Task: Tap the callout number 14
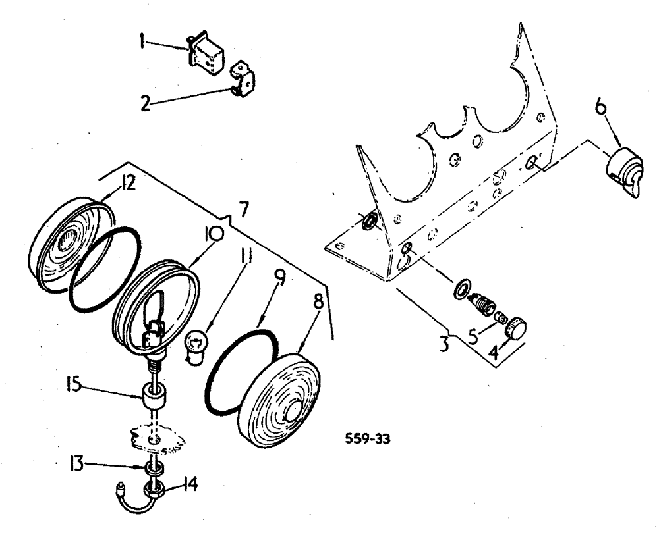click(x=190, y=486)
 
